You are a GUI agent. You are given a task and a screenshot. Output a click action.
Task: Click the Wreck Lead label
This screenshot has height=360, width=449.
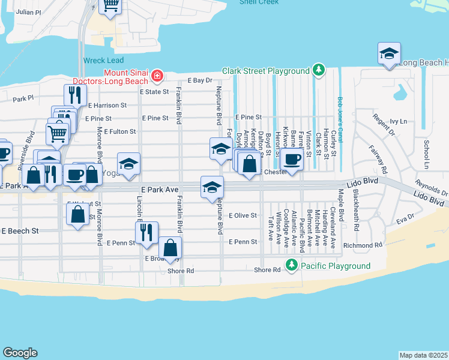(x=103, y=61)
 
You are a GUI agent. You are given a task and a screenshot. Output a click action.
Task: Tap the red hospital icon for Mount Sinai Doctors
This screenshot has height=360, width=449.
(x=157, y=75)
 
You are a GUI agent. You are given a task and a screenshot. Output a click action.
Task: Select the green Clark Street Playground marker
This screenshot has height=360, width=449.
(x=318, y=71)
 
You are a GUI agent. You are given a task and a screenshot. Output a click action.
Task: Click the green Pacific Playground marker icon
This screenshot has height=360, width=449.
(x=291, y=265)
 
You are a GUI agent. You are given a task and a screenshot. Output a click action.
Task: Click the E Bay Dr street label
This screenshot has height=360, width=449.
(x=200, y=80)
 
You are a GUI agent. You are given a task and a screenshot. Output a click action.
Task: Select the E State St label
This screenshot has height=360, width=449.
(x=154, y=92)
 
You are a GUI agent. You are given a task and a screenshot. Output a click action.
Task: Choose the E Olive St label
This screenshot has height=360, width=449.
(x=243, y=215)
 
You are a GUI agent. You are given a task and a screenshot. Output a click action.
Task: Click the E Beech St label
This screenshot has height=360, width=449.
(x=20, y=230)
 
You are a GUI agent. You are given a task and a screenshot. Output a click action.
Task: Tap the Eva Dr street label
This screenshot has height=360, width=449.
(x=406, y=219)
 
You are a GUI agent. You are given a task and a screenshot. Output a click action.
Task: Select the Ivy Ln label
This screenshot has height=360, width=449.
(x=398, y=121)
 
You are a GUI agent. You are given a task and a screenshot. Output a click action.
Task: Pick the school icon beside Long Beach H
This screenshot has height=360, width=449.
(x=389, y=53)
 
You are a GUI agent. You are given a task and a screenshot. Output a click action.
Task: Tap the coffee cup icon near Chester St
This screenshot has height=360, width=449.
(x=292, y=160)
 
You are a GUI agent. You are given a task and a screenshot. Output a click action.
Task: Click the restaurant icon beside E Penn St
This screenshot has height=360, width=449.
(x=146, y=232)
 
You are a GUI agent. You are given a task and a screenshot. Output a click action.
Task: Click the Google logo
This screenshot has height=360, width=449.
(x=20, y=353)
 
